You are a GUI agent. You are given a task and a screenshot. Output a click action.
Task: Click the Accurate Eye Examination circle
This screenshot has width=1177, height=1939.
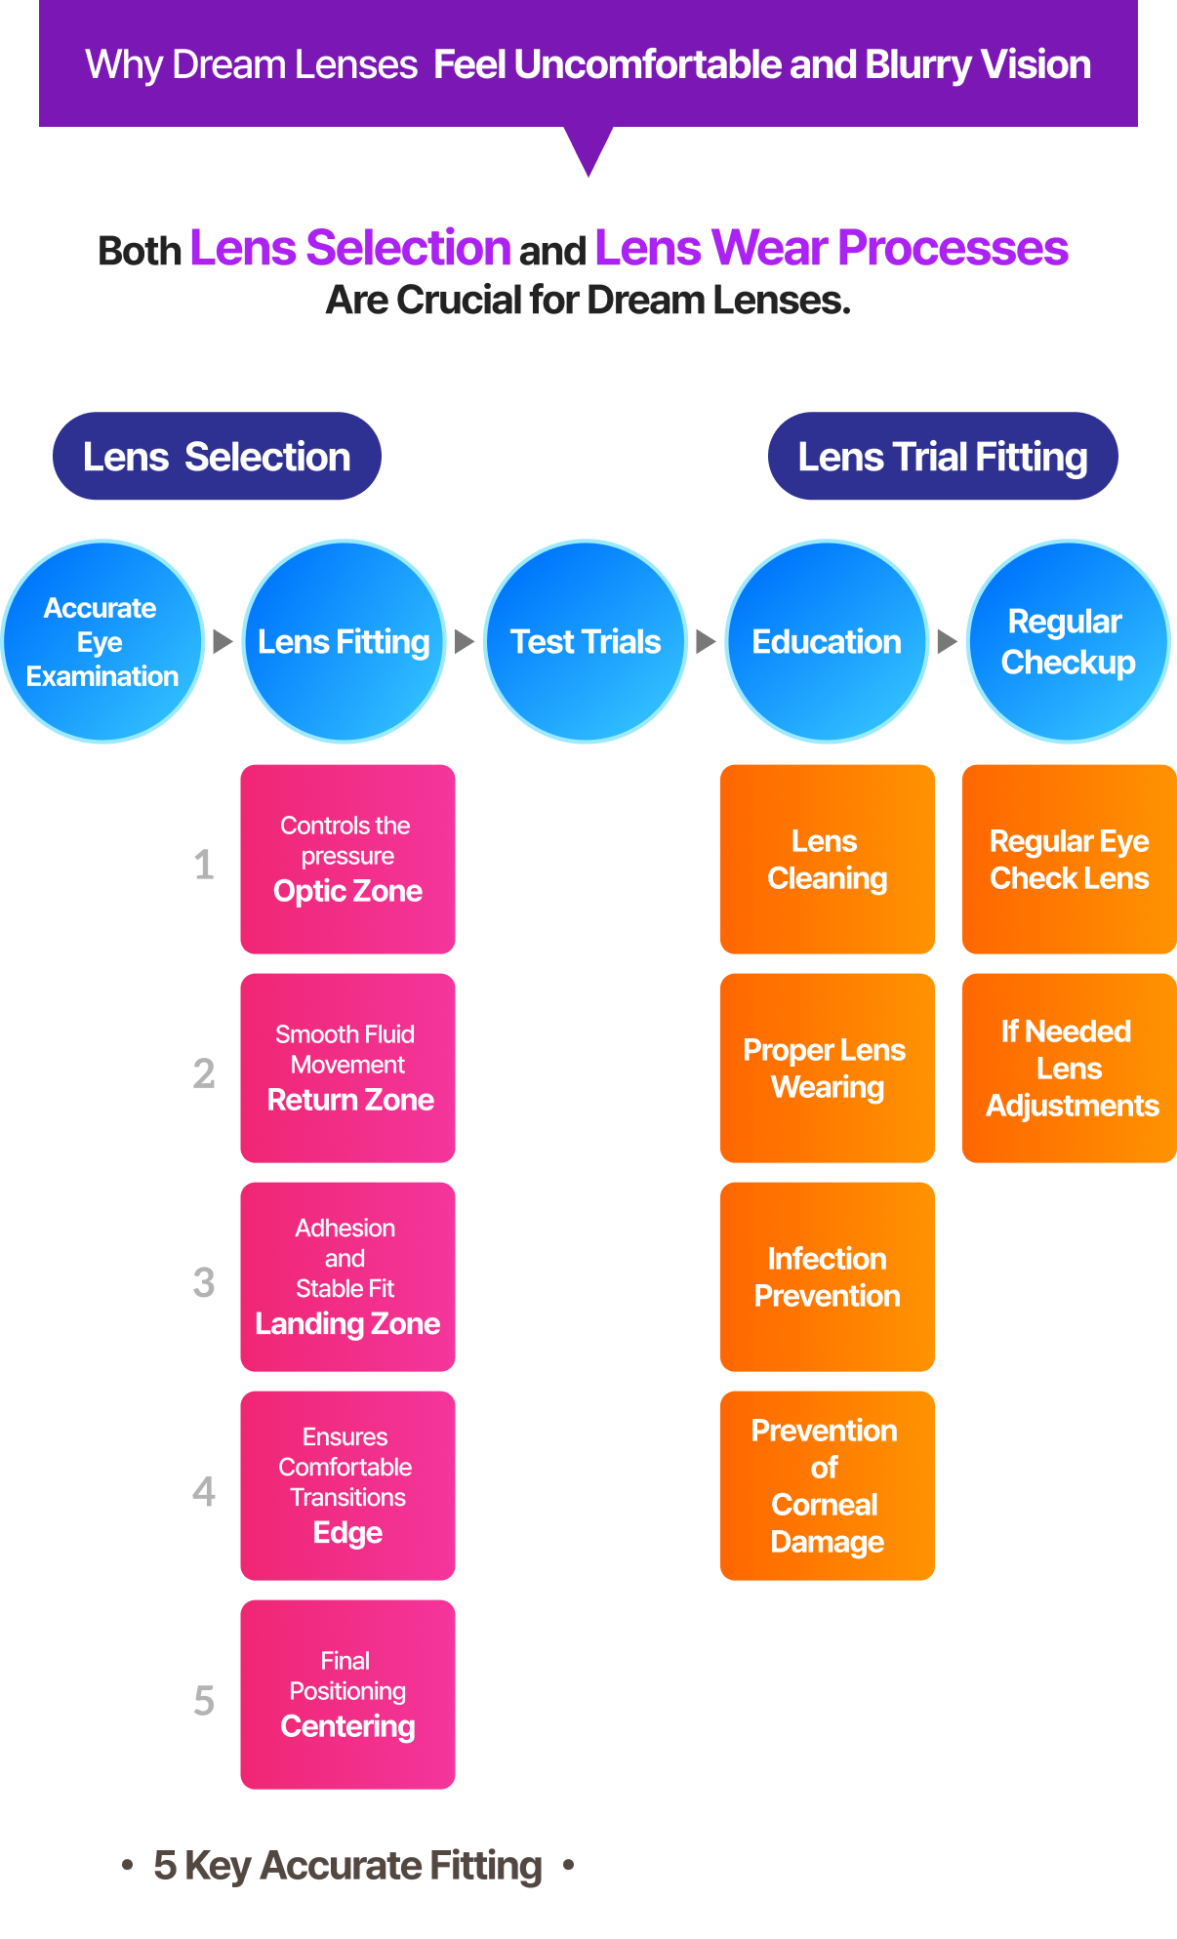coord(102,641)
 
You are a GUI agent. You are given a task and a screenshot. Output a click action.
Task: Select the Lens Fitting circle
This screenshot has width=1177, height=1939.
coord(344,641)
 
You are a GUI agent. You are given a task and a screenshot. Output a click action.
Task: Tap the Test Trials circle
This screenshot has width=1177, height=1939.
coord(586,641)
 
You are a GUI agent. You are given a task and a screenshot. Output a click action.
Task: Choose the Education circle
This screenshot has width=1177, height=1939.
coord(827,641)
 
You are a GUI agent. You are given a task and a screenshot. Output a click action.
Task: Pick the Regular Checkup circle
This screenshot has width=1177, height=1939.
coord(1068,641)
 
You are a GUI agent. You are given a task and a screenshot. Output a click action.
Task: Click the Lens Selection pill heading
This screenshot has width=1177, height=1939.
coord(217,457)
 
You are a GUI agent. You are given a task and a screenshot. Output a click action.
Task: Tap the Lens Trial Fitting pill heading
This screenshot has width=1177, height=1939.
coord(943,457)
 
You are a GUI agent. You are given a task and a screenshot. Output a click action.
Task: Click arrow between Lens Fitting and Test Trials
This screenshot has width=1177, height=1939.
coord(465,641)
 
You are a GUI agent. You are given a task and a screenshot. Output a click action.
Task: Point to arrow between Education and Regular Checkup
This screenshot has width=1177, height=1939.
coord(947,641)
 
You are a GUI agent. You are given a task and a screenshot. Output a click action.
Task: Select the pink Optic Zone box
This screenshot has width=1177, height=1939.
coord(347,859)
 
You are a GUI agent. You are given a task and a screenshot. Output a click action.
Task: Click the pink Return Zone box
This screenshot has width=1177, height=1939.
coord(347,1068)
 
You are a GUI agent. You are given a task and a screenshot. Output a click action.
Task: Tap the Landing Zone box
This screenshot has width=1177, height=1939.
coord(347,1276)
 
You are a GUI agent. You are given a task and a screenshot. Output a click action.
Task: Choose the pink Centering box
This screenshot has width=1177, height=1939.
coord(347,1694)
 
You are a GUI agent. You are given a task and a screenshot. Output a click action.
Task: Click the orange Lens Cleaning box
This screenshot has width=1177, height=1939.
coord(827,859)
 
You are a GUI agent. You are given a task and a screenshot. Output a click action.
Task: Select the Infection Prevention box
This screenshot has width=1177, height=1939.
coord(827,1276)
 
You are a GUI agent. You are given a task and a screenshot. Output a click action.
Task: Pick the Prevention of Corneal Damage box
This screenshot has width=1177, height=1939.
coord(827,1485)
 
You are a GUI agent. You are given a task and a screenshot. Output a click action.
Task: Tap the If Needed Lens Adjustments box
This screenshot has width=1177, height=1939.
coord(1070,1068)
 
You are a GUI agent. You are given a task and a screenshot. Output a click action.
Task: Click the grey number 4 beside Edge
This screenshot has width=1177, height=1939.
coord(204,1491)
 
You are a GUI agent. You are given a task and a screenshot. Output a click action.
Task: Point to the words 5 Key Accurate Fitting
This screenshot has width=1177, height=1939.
coord(347,1866)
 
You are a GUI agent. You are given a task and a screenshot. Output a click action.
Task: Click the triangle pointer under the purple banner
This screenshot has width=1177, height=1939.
coord(588,147)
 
